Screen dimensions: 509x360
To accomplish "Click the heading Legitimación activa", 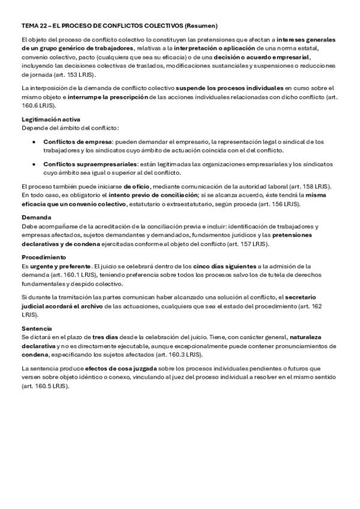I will point(51,119).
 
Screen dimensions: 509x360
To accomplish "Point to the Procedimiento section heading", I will point(44,258).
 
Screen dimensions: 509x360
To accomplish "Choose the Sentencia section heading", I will point(37,330).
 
